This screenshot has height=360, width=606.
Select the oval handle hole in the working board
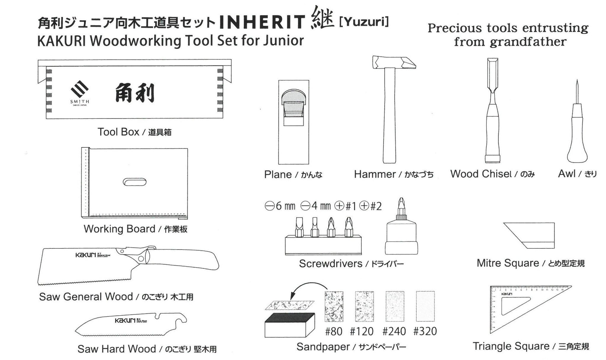(135, 182)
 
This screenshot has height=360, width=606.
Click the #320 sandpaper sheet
(425, 306)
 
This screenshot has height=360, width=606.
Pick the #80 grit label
(333, 332)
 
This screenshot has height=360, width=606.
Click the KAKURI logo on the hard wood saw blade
(125, 321)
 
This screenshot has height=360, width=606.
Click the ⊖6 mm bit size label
(280, 206)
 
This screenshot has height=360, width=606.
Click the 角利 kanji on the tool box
(135, 93)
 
